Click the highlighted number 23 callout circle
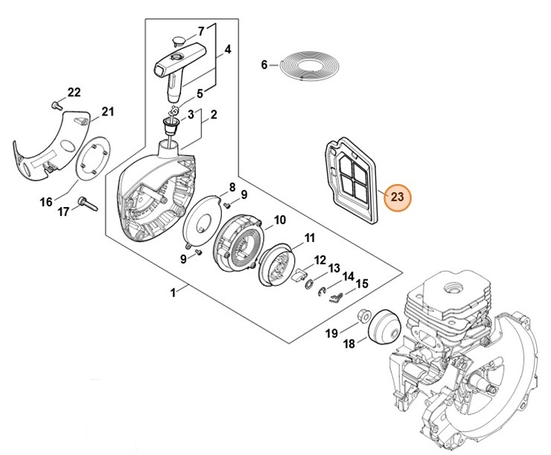(397, 198)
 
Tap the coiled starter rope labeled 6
(302, 66)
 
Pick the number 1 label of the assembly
(173, 293)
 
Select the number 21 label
(108, 112)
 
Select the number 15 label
(363, 283)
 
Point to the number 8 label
(232, 187)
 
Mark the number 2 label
(214, 115)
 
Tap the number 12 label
(319, 260)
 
